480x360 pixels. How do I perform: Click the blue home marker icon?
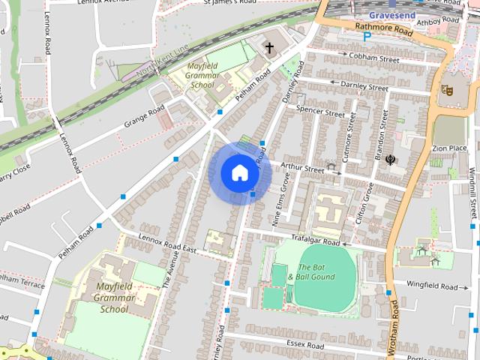click(x=239, y=173)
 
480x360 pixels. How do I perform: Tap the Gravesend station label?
click(x=391, y=14)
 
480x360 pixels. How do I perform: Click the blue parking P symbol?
click(x=367, y=36)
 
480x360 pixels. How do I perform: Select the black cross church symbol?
click(x=269, y=49)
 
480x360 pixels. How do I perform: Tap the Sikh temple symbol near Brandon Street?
click(x=391, y=159)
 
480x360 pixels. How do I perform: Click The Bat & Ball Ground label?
click(x=316, y=272)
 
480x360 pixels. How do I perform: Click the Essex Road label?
click(x=304, y=346)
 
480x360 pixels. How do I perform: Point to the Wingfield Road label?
click(x=431, y=286)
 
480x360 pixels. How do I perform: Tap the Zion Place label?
click(x=449, y=148)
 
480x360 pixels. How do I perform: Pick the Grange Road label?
click(x=145, y=117)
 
